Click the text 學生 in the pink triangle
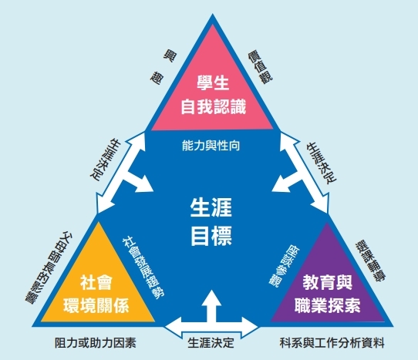coord(213,83)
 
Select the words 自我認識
coord(214,107)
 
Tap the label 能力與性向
coord(211,146)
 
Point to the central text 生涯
coord(211,207)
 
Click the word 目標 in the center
coord(211,236)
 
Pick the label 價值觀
coord(260,68)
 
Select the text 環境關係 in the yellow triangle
coord(96,305)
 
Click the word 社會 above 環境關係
coord(96,282)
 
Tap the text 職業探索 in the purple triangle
coord(327,305)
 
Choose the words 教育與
coord(327,282)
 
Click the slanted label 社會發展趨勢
coord(143,267)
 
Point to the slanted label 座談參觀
coord(284,267)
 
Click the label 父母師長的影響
coord(49,267)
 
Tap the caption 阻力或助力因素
coord(96,343)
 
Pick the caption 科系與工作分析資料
coord(332,343)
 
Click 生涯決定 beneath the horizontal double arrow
coord(211,343)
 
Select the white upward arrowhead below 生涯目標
coord(211,298)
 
